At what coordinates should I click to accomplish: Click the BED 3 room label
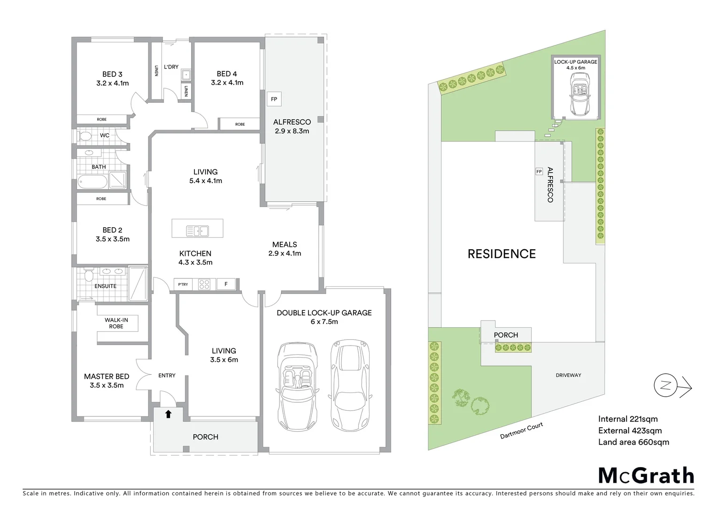(x=112, y=74)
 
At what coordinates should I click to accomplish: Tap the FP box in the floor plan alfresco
(x=274, y=99)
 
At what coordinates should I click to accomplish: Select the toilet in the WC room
(x=85, y=136)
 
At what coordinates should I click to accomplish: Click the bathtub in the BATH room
(x=93, y=181)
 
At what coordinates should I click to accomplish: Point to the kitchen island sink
(x=198, y=231)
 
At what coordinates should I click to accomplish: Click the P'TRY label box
(x=183, y=284)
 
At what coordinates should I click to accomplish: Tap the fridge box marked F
(x=226, y=284)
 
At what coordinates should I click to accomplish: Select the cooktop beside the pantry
(x=204, y=284)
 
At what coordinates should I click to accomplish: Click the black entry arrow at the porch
(x=168, y=414)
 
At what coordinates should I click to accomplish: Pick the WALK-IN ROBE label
(x=116, y=323)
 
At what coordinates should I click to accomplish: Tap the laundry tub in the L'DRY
(x=186, y=75)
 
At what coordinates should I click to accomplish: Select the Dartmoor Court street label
(x=521, y=430)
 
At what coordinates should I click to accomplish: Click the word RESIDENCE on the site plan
(x=502, y=254)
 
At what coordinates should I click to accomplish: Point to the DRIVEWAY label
(x=568, y=375)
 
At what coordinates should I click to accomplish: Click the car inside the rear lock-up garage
(x=579, y=95)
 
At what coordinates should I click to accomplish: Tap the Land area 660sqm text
(x=633, y=442)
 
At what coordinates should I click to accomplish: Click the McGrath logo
(x=646, y=476)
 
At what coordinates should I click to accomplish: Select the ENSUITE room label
(x=105, y=286)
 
